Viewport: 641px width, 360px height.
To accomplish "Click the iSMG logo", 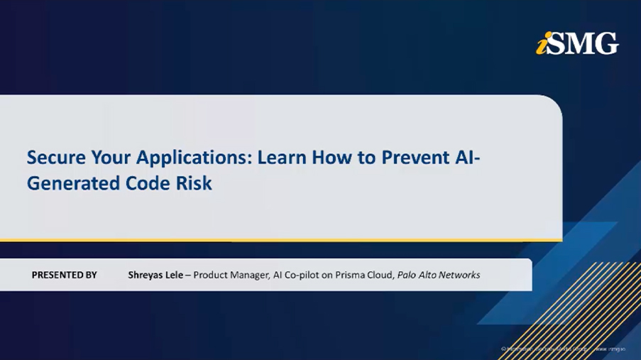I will pyautogui.click(x=577, y=43).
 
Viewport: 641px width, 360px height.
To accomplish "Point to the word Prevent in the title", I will pyautogui.click(x=412, y=157).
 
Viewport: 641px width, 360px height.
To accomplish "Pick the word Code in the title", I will pyautogui.click(x=147, y=182).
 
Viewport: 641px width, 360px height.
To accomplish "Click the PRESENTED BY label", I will pyautogui.click(x=64, y=275).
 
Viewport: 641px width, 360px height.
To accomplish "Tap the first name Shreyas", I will pyautogui.click(x=146, y=275).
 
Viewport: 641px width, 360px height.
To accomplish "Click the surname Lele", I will pyautogui.click(x=176, y=275).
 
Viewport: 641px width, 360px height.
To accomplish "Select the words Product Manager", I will pyautogui.click(x=231, y=275).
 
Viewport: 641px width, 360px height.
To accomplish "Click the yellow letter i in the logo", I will pyautogui.click(x=541, y=45).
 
